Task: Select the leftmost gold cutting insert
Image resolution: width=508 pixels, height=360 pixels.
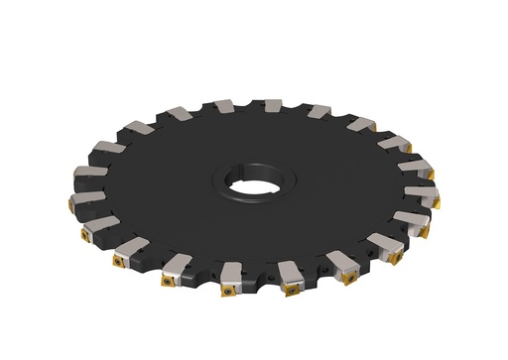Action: coord(71,203)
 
